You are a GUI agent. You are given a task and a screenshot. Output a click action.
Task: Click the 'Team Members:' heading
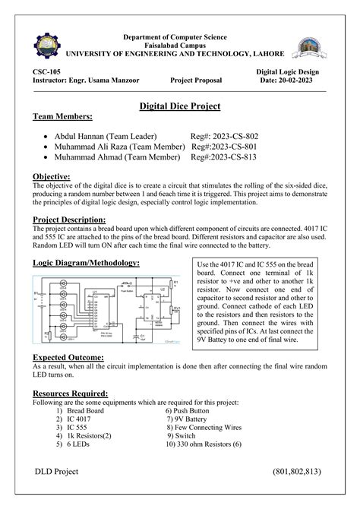(x=63, y=118)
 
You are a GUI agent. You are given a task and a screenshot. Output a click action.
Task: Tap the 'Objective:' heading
(x=52, y=176)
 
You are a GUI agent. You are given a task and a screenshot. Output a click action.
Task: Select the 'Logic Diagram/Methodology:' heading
(x=86, y=262)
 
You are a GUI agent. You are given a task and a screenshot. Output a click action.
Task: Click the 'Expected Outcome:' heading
(x=68, y=356)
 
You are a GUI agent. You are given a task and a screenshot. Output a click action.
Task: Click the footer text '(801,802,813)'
(x=297, y=472)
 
